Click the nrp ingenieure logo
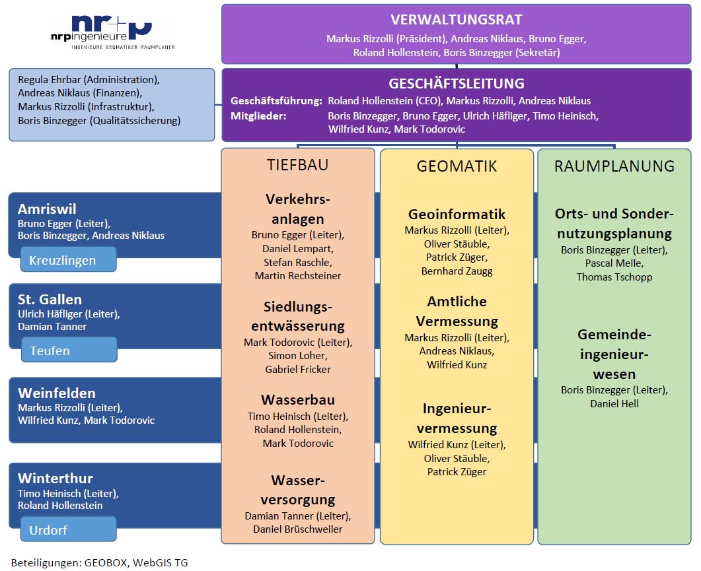pos(113,32)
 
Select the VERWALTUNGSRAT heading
pos(457,20)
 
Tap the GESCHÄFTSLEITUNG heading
pos(457,84)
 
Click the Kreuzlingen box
pos(69,259)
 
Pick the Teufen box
pos(69,350)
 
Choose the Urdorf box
pos(69,529)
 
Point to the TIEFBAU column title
pos(298,165)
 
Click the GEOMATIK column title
pos(457,166)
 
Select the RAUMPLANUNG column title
pos(614,166)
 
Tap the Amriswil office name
pos(47,209)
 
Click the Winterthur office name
pos(55,479)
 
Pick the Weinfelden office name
pos(57,393)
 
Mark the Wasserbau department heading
pos(298,399)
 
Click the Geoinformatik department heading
pos(457,214)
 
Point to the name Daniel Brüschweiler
pos(298,529)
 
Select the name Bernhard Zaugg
pos(457,271)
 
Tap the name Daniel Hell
pos(614,404)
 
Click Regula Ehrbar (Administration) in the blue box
pos(89,79)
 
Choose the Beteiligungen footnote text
pos(99,562)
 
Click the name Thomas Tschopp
pos(614,277)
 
